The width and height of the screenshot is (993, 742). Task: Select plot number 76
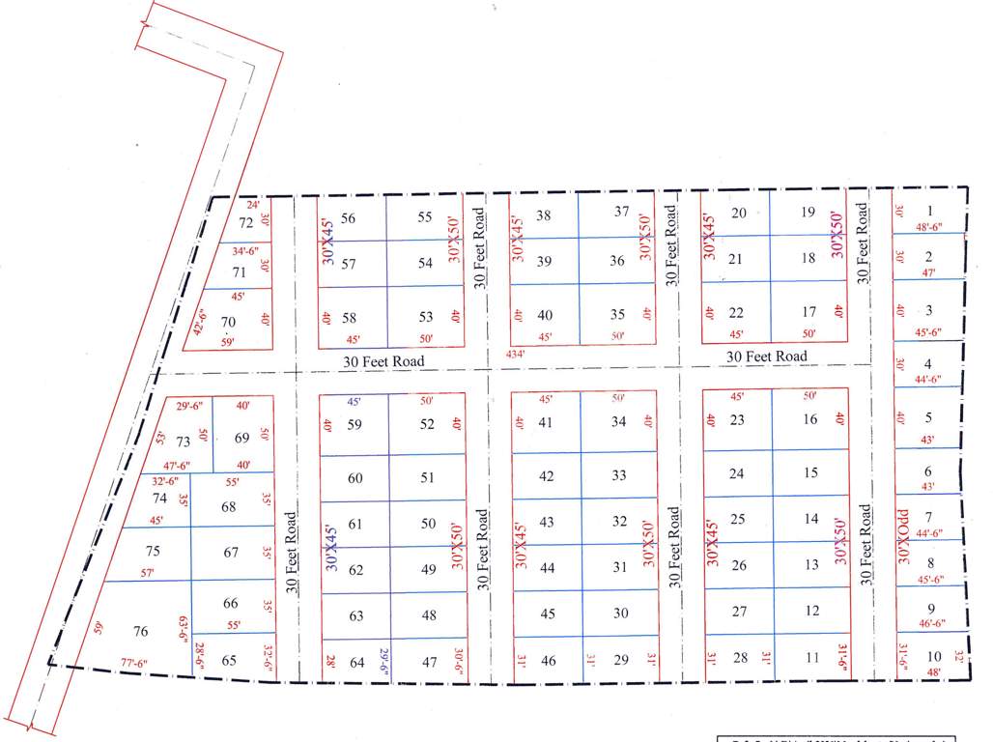click(141, 631)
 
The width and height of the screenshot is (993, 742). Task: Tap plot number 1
click(929, 211)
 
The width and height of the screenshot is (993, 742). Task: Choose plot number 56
click(348, 218)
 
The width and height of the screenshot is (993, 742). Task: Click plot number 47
click(430, 662)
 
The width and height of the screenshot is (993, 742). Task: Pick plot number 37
click(622, 212)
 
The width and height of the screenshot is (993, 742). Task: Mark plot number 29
click(621, 660)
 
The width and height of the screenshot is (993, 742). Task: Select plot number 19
click(809, 212)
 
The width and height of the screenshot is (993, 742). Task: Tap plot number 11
click(812, 658)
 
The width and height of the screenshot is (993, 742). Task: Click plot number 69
click(242, 438)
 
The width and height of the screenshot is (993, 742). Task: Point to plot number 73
click(184, 442)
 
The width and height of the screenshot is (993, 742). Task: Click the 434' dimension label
click(516, 354)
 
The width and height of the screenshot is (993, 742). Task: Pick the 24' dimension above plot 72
click(254, 205)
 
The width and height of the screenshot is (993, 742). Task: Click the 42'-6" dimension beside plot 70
click(200, 321)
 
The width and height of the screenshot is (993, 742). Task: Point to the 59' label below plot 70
click(228, 341)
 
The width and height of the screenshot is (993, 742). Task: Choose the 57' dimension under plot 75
click(147, 573)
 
